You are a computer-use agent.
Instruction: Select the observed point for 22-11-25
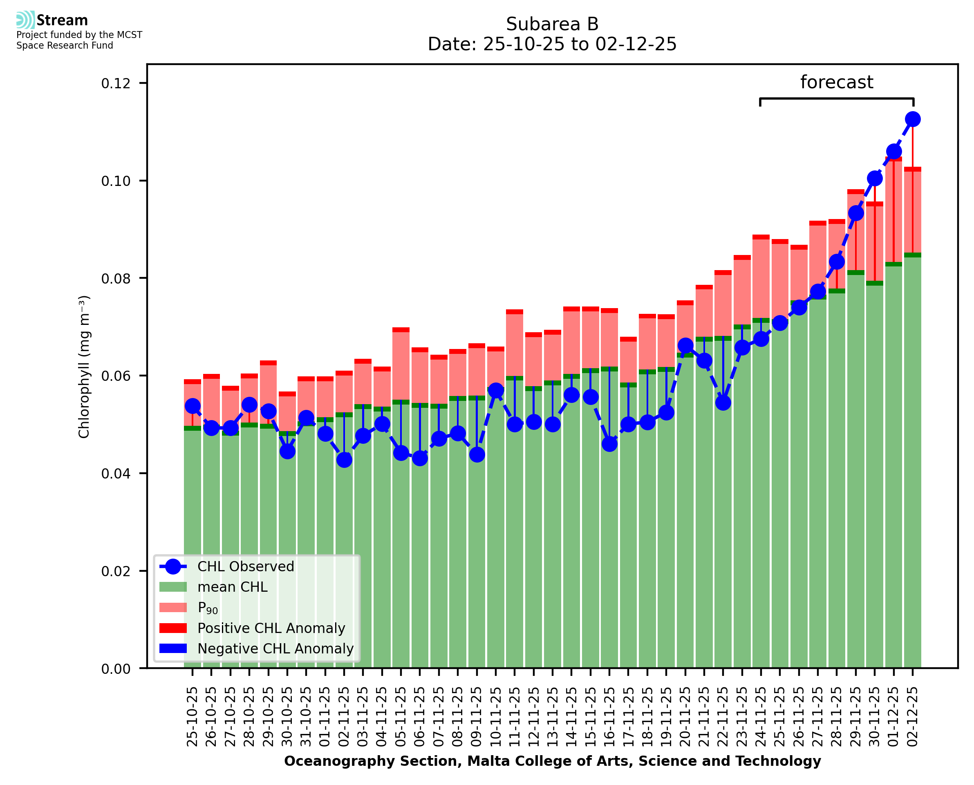pyautogui.click(x=723, y=403)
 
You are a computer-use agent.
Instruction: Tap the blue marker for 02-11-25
pyautogui.click(x=344, y=460)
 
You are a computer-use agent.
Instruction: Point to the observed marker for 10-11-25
pyautogui.click(x=496, y=390)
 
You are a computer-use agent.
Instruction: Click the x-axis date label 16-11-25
pyautogui.click(x=609, y=717)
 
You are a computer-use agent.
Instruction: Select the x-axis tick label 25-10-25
pyautogui.click(x=192, y=717)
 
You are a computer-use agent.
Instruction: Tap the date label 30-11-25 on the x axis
pyautogui.click(x=874, y=717)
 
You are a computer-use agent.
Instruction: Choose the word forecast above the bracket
pyautogui.click(x=836, y=82)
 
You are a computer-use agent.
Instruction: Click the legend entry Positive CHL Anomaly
pyautogui.click(x=271, y=628)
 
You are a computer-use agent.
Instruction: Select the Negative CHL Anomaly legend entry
pyautogui.click(x=275, y=649)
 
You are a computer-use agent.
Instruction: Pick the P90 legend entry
pyautogui.click(x=208, y=608)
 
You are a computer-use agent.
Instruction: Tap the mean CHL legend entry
pyautogui.click(x=233, y=587)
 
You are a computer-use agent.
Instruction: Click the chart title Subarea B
pyautogui.click(x=552, y=24)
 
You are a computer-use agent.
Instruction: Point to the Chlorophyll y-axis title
pyautogui.click(x=84, y=367)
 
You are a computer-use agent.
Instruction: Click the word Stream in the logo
pyautogui.click(x=62, y=20)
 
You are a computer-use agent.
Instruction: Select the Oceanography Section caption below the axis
pyautogui.click(x=552, y=761)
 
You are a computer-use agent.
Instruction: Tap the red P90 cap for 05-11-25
pyautogui.click(x=401, y=330)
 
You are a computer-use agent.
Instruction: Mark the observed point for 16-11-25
pyautogui.click(x=609, y=444)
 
